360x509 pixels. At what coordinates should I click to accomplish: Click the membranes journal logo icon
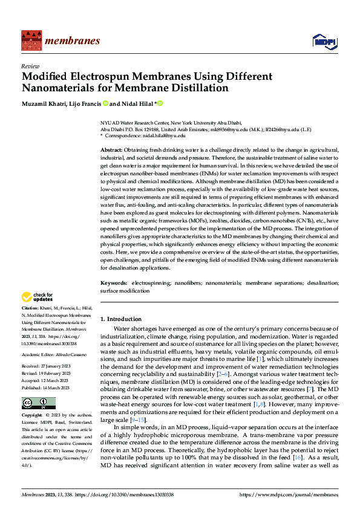[x=30, y=41]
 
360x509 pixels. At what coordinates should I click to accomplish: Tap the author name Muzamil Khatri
[x=41, y=103]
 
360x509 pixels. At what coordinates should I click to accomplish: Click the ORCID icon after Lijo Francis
[x=105, y=103]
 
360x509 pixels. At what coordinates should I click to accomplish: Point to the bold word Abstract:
[x=111, y=149]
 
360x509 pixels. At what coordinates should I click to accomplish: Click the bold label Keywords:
[x=113, y=282]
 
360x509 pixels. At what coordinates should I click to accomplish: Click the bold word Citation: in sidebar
[x=31, y=308]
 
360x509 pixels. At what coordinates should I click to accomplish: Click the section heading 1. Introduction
[x=120, y=319]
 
